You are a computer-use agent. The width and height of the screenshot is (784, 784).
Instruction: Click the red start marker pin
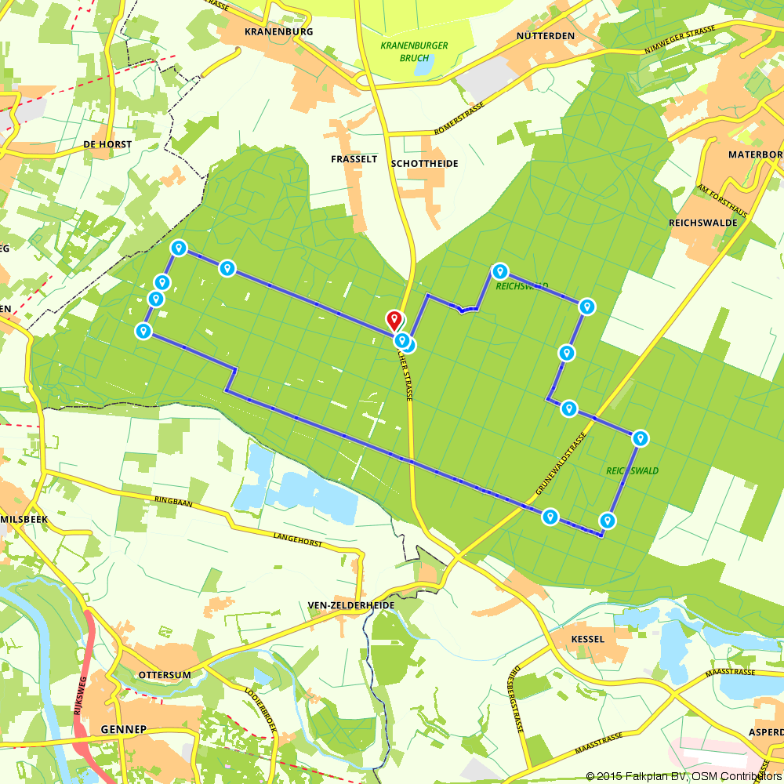[x=394, y=320]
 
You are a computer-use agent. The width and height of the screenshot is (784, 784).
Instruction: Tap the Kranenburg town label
[x=279, y=32]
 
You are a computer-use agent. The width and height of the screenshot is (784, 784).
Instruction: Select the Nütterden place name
[x=546, y=36]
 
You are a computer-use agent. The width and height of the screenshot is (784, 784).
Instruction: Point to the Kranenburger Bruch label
[x=414, y=52]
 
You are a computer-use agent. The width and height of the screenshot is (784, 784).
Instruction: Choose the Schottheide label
[x=424, y=163]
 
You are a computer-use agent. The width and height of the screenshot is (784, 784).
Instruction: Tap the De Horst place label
[x=107, y=144]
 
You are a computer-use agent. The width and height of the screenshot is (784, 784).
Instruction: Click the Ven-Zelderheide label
[x=350, y=606]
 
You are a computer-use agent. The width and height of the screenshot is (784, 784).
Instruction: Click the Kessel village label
[x=588, y=639]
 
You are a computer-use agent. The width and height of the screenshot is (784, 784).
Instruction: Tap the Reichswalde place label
[x=703, y=223]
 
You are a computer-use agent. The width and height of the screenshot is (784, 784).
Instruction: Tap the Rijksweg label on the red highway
[x=78, y=699]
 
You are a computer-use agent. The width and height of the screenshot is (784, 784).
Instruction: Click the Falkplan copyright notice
[x=683, y=776]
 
